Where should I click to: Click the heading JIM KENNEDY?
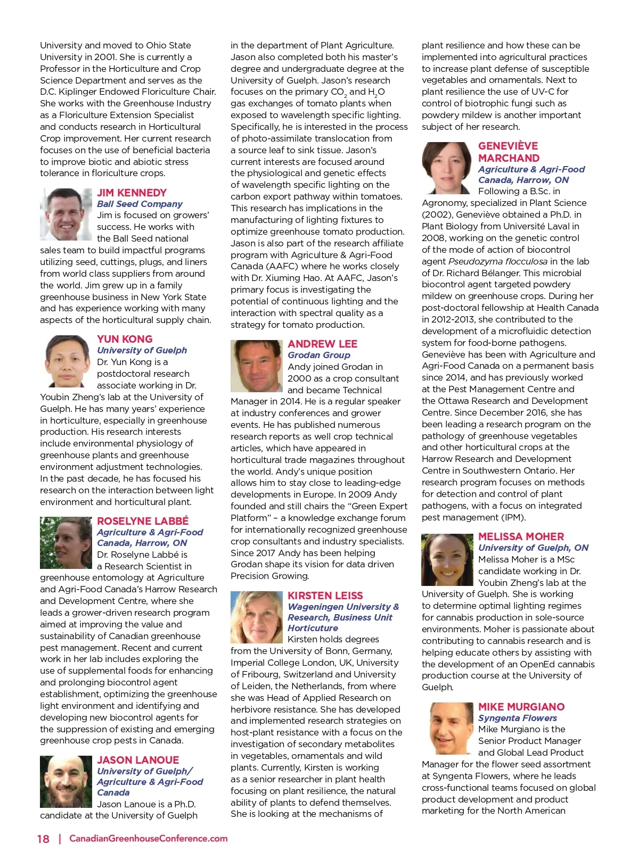point(132,193)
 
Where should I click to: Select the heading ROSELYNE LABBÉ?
point(143,521)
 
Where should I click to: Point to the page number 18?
point(43,839)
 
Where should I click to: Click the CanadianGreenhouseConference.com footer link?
point(149,839)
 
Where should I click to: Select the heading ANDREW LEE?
point(322,344)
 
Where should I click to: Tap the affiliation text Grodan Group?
point(319,355)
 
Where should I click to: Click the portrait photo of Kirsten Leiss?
point(257,617)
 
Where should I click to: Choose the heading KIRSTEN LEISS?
point(325,596)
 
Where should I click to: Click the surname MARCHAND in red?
point(509,158)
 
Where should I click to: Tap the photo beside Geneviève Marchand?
point(447,168)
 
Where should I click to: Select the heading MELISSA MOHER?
point(521,536)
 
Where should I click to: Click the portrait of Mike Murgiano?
point(450,729)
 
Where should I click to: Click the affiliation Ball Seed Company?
point(140,204)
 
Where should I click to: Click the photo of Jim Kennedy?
point(65,214)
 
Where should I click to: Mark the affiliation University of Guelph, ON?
point(533,548)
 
